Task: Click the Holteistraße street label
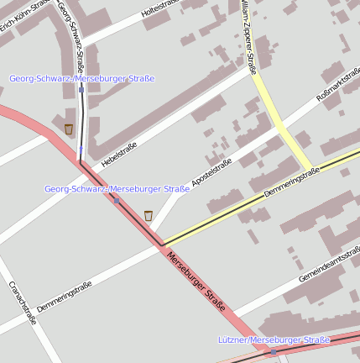click(x=161, y=10)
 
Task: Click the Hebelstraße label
click(x=118, y=155)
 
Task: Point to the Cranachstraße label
click(x=23, y=302)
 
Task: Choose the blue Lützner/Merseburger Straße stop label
click(x=274, y=339)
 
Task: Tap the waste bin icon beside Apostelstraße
click(x=149, y=216)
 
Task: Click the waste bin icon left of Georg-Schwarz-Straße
click(x=68, y=129)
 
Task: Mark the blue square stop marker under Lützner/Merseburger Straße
click(x=273, y=351)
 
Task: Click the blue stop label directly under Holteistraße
click(x=82, y=78)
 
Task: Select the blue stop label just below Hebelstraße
click(x=117, y=188)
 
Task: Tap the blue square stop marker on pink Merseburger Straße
click(x=117, y=200)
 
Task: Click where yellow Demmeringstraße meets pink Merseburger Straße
click(x=162, y=245)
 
